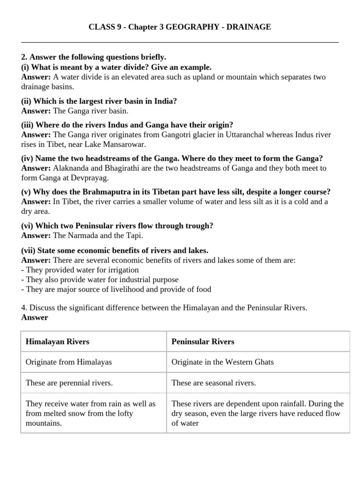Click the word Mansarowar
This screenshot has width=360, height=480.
(122, 144)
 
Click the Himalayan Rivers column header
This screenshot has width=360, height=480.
(57, 342)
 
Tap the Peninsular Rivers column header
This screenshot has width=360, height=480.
(202, 342)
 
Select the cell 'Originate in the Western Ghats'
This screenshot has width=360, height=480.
(223, 362)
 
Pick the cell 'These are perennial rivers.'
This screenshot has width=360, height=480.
(69, 383)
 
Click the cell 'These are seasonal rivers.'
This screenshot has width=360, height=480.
(213, 383)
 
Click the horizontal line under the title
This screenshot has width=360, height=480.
(180, 43)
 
